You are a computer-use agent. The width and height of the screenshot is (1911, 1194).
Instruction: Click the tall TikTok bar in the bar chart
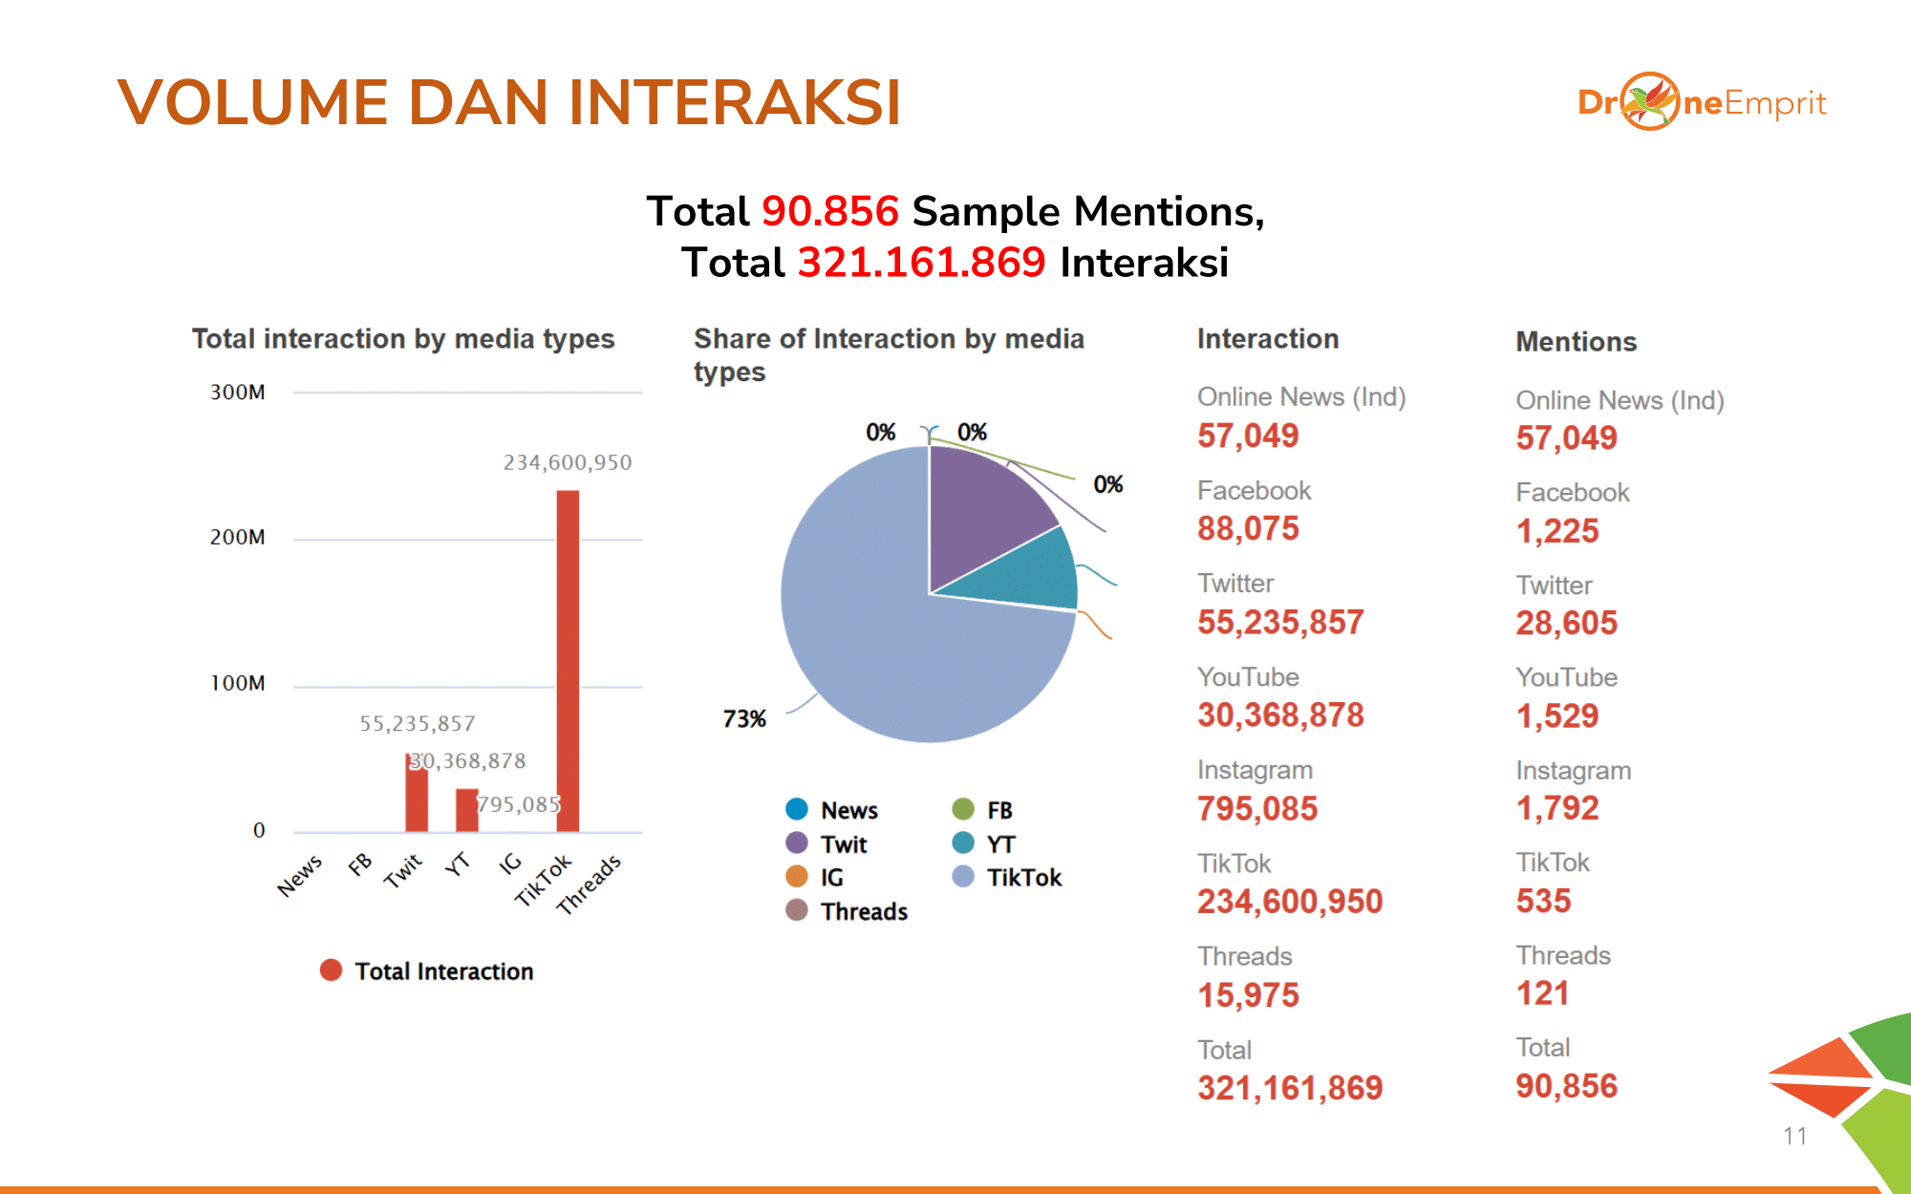click(568, 659)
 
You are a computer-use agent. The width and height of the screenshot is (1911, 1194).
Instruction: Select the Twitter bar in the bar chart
click(417, 795)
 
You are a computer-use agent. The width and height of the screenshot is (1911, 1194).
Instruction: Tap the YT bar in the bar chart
click(466, 810)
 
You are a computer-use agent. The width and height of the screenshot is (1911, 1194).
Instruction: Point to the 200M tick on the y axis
click(238, 538)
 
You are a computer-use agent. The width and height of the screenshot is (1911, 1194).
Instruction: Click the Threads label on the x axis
click(589, 884)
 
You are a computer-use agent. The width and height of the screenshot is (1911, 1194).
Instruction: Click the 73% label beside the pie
click(744, 719)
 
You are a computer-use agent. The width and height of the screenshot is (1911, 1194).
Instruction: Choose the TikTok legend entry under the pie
click(1008, 877)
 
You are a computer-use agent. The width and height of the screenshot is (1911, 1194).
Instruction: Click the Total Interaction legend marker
click(332, 970)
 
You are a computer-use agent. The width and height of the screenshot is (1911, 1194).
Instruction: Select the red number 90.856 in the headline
click(830, 211)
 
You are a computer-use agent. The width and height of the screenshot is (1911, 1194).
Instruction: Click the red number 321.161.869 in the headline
click(921, 263)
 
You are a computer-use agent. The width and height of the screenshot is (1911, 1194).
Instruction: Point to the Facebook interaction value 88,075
click(1248, 528)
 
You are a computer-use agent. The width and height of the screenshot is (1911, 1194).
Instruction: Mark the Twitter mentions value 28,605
click(1566, 623)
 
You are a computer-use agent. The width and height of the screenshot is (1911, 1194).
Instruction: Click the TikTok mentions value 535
click(1543, 901)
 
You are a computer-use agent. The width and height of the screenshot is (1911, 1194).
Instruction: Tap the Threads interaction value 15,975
click(1248, 995)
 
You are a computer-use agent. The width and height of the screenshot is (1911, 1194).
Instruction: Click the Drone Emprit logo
click(1701, 102)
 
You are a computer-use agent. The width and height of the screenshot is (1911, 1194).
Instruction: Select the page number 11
click(1794, 1136)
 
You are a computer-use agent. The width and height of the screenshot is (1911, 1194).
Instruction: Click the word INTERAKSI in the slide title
click(735, 102)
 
